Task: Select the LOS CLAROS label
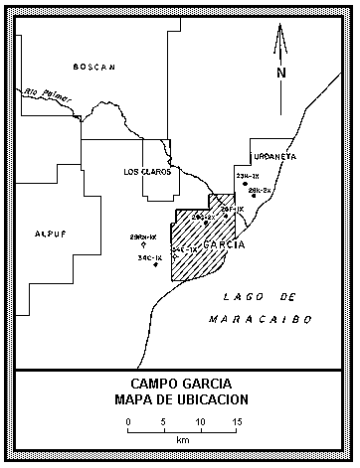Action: click(x=145, y=172)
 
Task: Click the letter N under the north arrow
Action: click(x=281, y=73)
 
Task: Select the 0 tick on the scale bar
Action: click(x=128, y=421)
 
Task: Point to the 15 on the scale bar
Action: click(x=238, y=421)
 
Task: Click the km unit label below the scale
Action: click(x=182, y=439)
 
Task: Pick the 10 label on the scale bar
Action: click(x=201, y=421)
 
